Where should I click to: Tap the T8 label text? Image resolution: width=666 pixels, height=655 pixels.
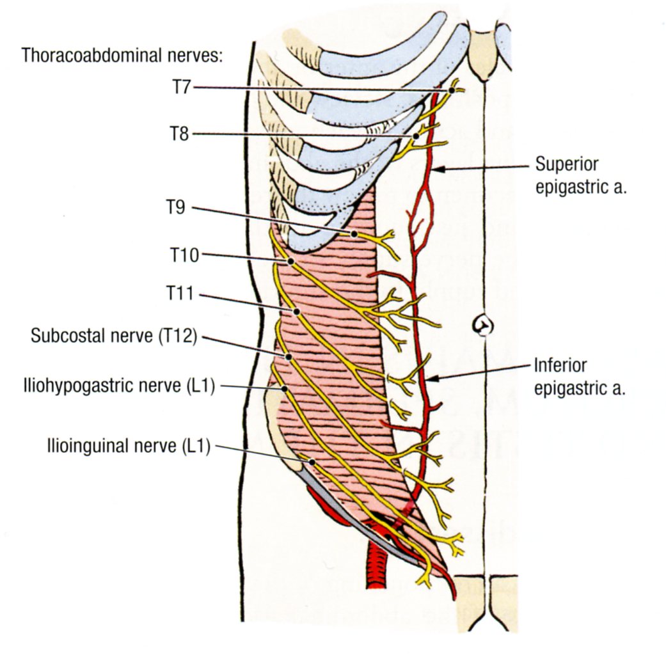click(180, 134)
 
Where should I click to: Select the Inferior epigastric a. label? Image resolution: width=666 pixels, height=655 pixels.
click(570, 377)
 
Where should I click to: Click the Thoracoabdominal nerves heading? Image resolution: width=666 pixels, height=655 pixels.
click(122, 55)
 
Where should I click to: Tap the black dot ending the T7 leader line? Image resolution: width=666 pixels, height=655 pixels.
click(452, 91)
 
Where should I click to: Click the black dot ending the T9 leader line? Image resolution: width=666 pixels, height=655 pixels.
click(354, 234)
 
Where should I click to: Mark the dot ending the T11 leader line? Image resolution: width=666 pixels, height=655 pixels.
click(297, 311)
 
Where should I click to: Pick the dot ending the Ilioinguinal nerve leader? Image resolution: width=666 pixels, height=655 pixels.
click(312, 461)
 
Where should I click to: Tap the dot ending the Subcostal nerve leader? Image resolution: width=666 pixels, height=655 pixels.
click(289, 357)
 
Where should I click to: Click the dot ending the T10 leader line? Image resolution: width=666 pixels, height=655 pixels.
click(290, 262)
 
